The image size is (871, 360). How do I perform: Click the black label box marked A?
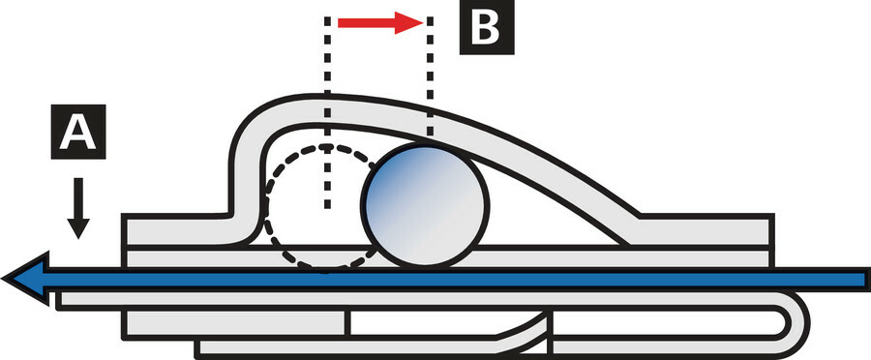[78, 132]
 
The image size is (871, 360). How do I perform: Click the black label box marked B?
[487, 27]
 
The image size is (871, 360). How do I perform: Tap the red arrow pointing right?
[381, 23]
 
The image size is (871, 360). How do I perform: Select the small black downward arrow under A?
[78, 208]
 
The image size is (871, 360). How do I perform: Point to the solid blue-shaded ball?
[425, 204]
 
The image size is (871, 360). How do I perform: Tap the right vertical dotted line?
[430, 76]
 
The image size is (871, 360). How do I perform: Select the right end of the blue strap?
[866, 279]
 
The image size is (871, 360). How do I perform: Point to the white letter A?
[78, 133]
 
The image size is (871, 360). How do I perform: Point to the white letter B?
[486, 27]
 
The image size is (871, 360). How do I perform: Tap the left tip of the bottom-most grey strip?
[198, 347]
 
